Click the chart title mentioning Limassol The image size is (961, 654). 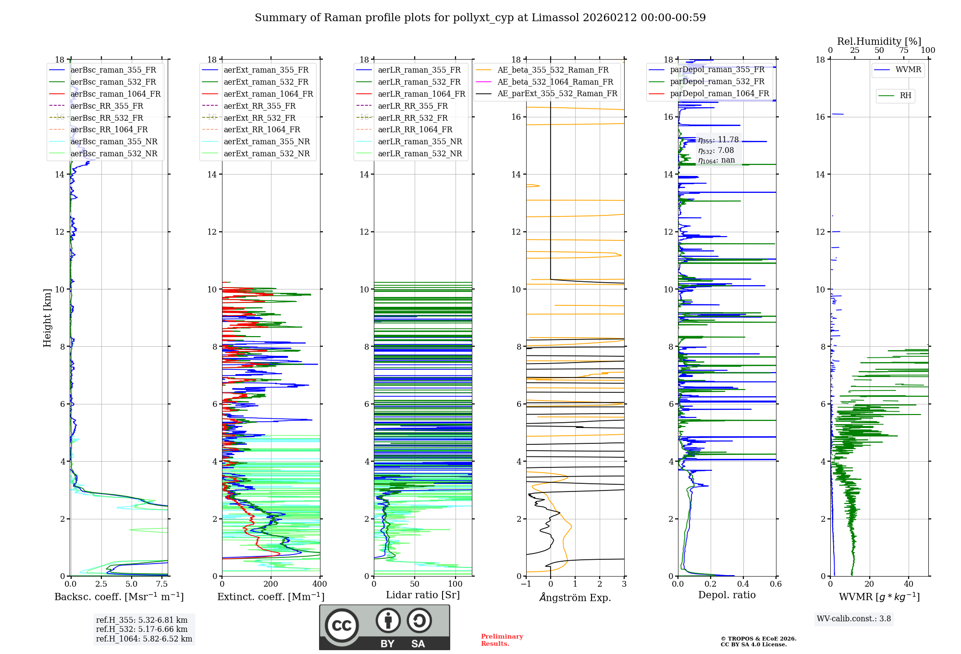(480, 18)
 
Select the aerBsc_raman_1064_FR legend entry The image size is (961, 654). (115, 94)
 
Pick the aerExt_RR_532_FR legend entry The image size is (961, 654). (259, 118)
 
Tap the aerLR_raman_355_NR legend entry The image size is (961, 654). (419, 141)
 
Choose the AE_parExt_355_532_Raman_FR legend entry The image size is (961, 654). (557, 93)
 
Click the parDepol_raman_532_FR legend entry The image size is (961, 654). (717, 81)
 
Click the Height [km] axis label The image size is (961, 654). (47, 318)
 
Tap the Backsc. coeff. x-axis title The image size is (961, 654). (119, 597)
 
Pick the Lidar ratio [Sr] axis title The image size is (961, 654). (423, 595)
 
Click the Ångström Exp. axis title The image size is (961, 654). (575, 598)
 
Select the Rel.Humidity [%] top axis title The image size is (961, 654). (879, 41)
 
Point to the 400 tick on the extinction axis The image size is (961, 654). (320, 584)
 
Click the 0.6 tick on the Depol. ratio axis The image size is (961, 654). (776, 584)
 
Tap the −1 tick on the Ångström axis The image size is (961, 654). (526, 584)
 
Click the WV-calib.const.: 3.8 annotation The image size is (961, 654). (854, 619)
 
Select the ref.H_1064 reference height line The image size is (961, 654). (144, 639)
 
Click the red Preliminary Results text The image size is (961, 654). (502, 640)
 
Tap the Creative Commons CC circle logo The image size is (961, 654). (342, 625)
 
